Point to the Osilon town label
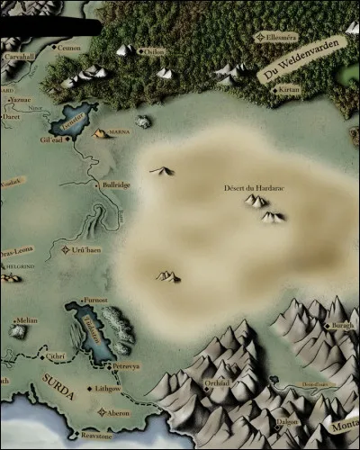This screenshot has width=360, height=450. point(155,51)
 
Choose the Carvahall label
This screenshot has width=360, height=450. point(17,56)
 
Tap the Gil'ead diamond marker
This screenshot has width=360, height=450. point(66,139)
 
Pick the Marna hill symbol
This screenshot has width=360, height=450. point(99,133)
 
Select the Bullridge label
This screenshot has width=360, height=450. point(116,184)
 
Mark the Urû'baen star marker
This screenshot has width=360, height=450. point(65,249)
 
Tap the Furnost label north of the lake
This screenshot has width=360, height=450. point(94,300)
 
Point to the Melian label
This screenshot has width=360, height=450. point(27,319)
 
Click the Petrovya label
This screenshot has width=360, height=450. point(125,367)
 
